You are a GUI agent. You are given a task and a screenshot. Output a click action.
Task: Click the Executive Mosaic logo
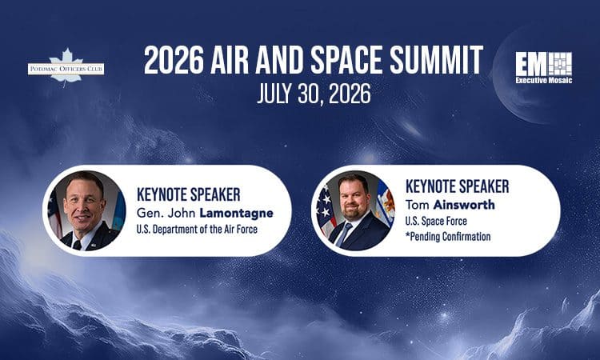pos(544,68)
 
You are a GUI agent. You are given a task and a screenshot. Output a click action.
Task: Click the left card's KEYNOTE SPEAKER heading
pos(188,194)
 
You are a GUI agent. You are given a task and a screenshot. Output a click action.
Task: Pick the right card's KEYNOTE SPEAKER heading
pos(457,186)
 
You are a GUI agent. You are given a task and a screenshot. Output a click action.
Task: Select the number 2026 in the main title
pos(174,61)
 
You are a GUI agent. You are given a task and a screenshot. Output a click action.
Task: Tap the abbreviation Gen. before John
pos(149,213)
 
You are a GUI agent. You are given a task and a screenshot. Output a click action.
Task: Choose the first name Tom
pos(418,205)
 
